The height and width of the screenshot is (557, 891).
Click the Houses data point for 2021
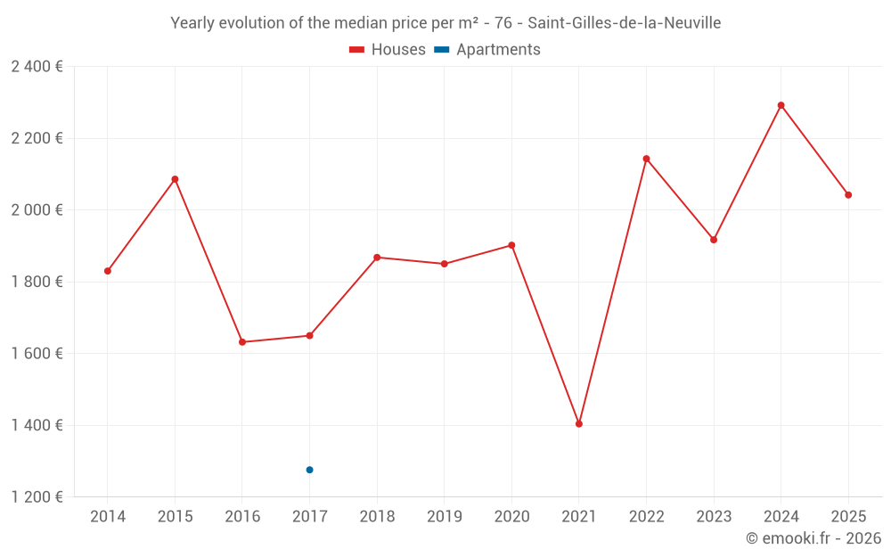pyautogui.click(x=579, y=424)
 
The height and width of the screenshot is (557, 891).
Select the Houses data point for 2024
pyautogui.click(x=781, y=105)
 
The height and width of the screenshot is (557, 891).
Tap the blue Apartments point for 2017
pyautogui.click(x=309, y=470)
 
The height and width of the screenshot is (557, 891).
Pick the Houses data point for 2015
pyautogui.click(x=175, y=179)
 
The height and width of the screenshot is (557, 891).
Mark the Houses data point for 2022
pyautogui.click(x=646, y=159)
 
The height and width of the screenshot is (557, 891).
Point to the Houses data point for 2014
pyautogui.click(x=108, y=271)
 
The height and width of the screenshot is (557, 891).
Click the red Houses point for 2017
pyautogui.click(x=309, y=336)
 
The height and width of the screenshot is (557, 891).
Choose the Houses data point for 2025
pyautogui.click(x=848, y=195)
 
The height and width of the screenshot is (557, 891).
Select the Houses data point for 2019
pyautogui.click(x=445, y=264)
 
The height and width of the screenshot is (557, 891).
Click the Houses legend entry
pyautogui.click(x=388, y=50)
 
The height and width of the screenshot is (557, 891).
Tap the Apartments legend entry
pyautogui.click(x=488, y=50)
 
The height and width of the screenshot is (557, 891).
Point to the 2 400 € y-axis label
pyautogui.click(x=37, y=67)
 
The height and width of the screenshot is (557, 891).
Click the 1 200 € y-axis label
pyautogui.click(x=37, y=497)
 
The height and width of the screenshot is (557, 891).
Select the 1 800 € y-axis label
pyautogui.click(x=37, y=282)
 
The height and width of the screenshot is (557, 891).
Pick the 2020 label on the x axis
pyautogui.click(x=511, y=517)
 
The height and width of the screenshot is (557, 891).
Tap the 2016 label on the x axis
pyautogui.click(x=242, y=517)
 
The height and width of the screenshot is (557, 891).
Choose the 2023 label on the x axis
pyautogui.click(x=714, y=517)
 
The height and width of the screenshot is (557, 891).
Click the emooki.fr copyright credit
pyautogui.click(x=813, y=538)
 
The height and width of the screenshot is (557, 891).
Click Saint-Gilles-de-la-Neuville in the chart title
pyautogui.click(x=625, y=23)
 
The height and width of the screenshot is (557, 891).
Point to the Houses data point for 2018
pyautogui.click(x=377, y=258)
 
